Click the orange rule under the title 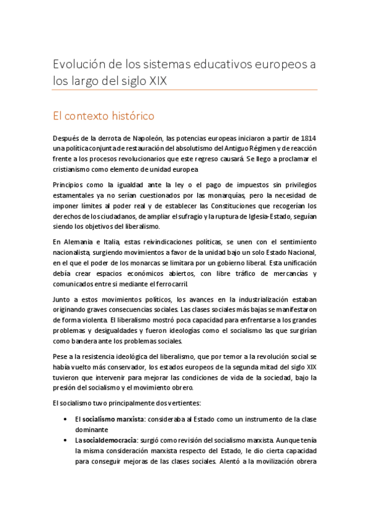[x=185, y=90]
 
